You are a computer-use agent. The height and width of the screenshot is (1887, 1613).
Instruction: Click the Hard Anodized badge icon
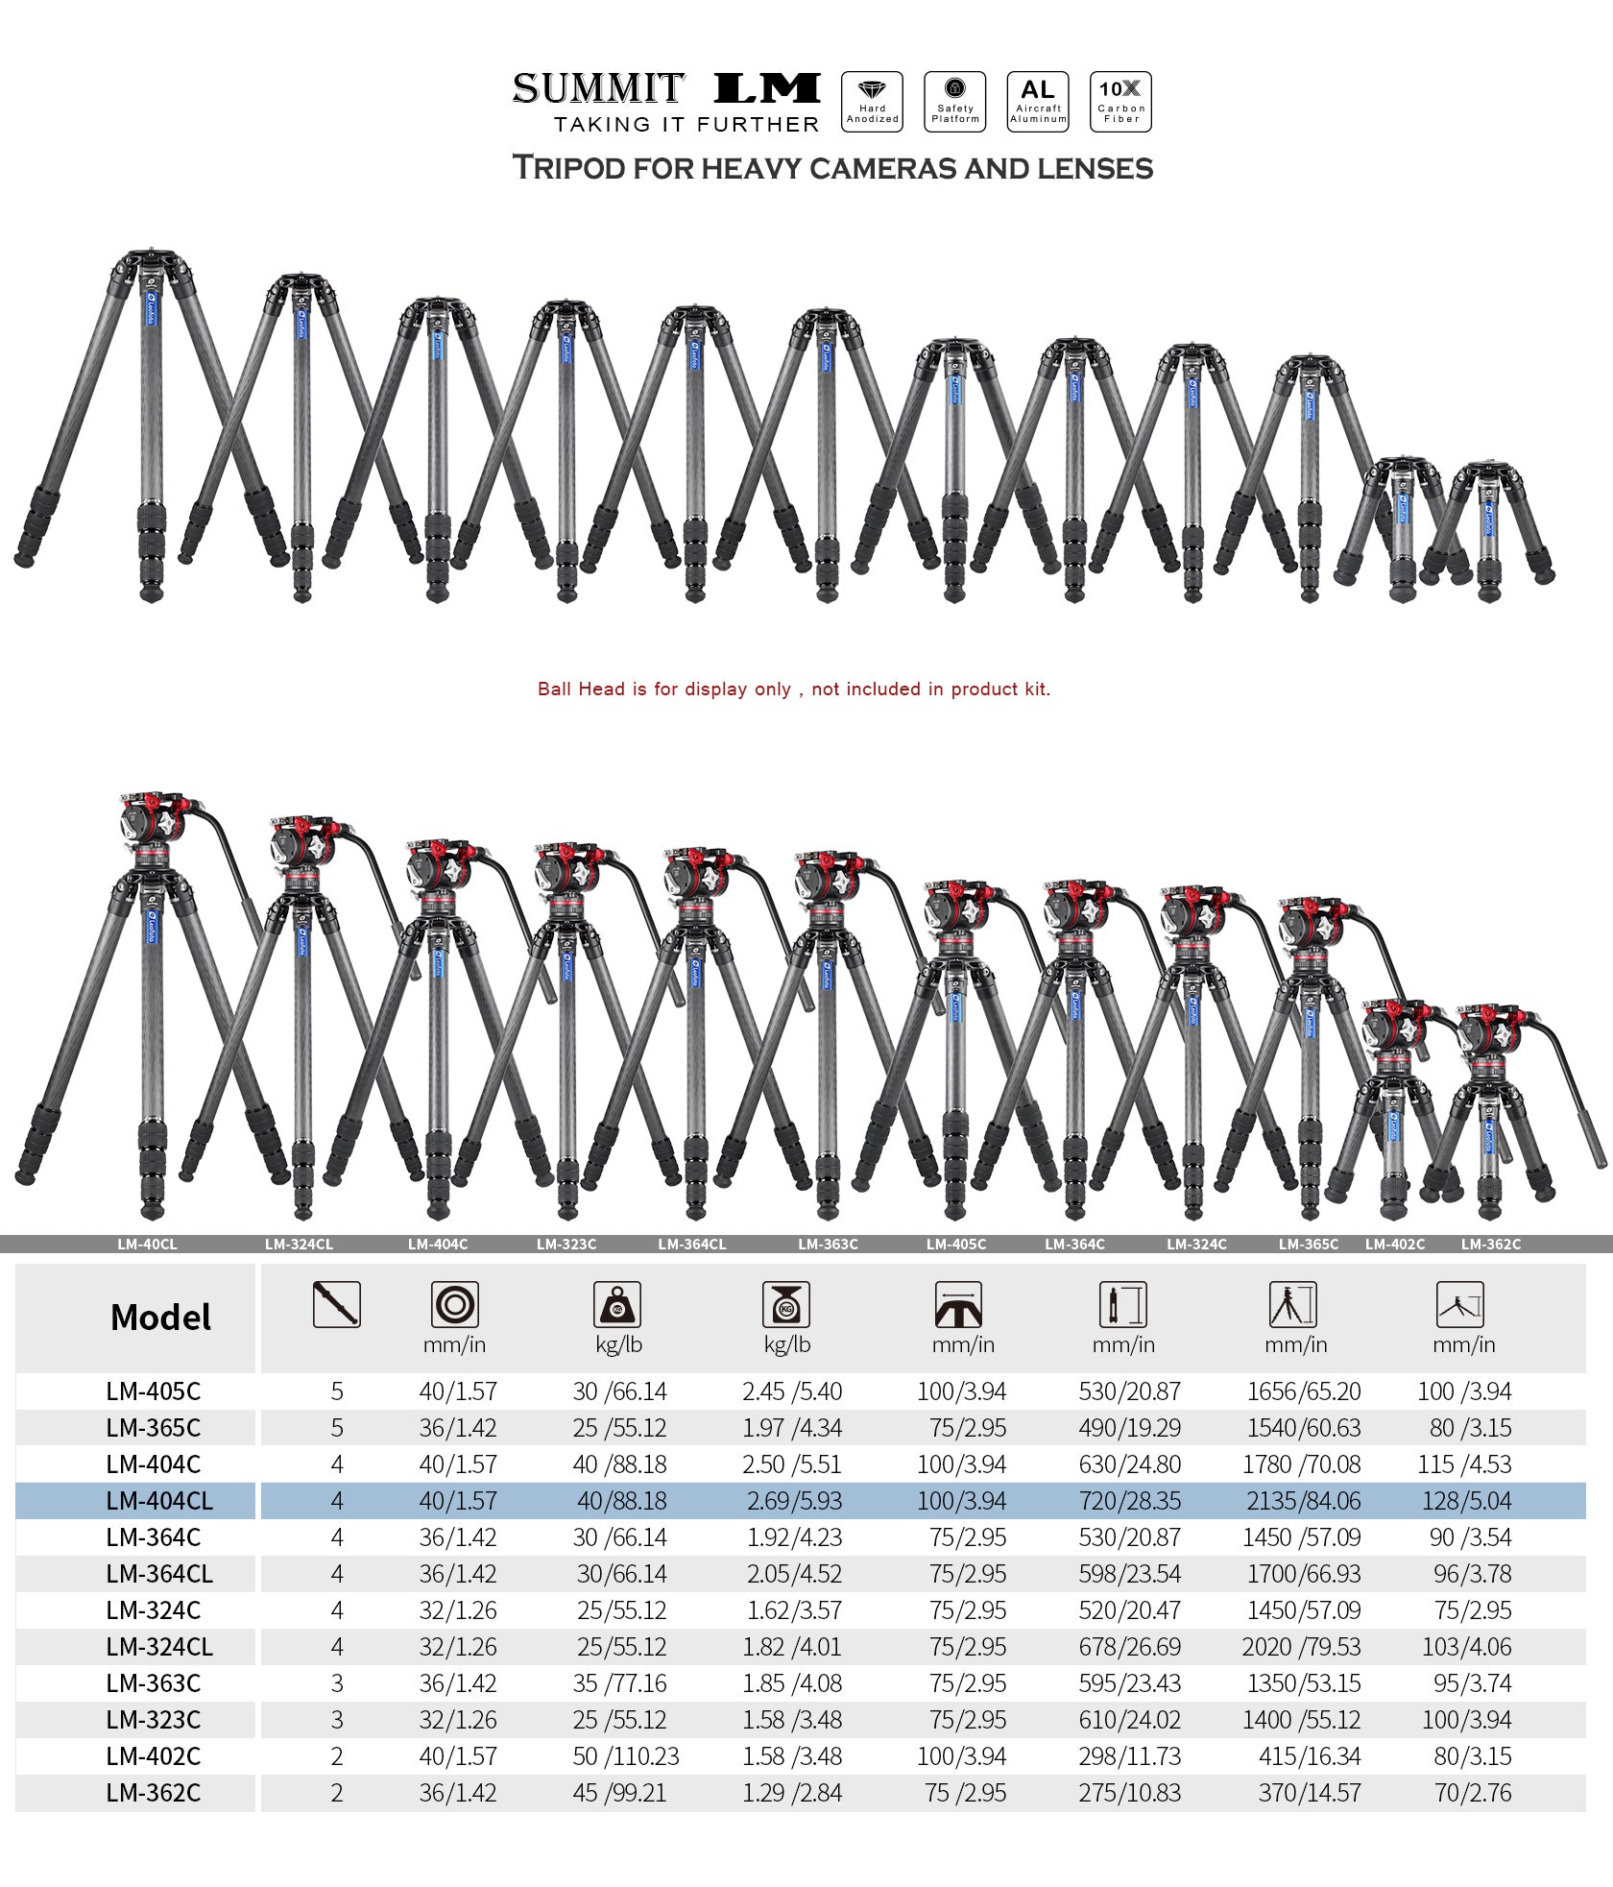point(872,101)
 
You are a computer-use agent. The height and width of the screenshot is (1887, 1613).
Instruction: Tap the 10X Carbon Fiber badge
point(1120,101)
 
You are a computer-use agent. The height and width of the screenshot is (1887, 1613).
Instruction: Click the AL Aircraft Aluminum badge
point(1038,101)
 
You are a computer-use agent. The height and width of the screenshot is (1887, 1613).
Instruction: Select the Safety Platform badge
point(954,101)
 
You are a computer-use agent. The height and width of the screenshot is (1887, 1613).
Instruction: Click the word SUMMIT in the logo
point(598,88)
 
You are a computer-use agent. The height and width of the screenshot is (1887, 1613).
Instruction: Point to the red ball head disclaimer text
point(793,689)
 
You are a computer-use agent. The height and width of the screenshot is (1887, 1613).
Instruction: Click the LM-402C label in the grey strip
point(1394,1244)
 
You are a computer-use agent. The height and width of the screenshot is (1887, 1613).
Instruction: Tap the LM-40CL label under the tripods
point(147,1244)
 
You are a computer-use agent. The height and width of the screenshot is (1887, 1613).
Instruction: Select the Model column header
point(160,1317)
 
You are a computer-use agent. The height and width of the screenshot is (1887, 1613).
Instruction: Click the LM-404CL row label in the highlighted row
point(159,1501)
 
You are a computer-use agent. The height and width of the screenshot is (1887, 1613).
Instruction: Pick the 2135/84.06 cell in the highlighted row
point(1303,1501)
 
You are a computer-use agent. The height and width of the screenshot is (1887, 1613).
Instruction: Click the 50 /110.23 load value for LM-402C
point(625,1756)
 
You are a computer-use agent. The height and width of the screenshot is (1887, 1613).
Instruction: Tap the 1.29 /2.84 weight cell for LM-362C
point(791,1793)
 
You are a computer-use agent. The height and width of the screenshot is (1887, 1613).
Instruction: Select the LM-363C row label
point(154,1683)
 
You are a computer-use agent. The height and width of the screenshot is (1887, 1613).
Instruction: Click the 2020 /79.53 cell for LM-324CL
point(1301,1647)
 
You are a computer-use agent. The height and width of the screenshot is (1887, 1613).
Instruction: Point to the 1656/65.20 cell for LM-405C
point(1303,1391)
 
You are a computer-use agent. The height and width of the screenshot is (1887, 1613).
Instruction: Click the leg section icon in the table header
point(336,1304)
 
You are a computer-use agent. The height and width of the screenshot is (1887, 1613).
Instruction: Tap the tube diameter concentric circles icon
point(454,1304)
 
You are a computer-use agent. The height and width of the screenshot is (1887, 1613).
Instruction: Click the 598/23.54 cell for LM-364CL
point(1129,1574)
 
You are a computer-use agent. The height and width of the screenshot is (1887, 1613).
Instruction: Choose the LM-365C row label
point(154,1428)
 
